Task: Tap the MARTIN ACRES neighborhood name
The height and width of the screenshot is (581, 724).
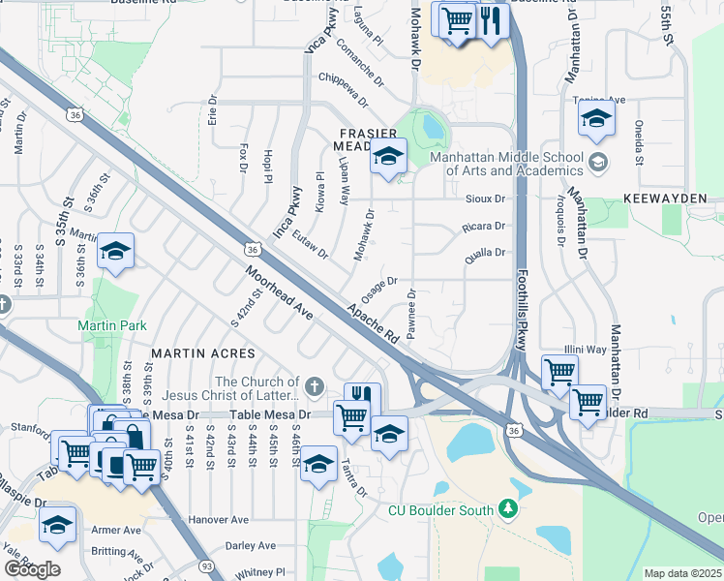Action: (202, 354)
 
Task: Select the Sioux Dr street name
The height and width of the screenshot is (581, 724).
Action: (486, 199)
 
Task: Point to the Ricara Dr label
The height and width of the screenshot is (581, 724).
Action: (485, 227)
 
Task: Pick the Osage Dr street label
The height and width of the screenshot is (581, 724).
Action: (378, 288)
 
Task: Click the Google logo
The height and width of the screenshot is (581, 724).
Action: (32, 568)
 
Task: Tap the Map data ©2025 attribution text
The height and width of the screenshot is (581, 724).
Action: (683, 573)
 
